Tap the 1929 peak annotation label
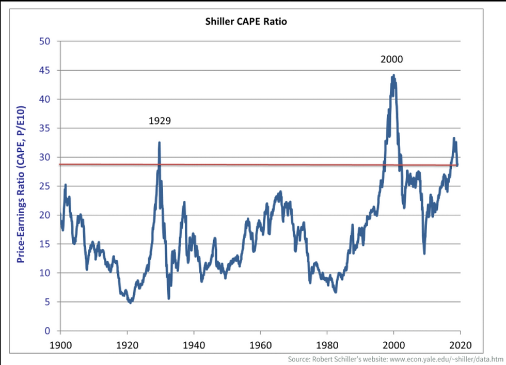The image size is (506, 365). tap(160, 121)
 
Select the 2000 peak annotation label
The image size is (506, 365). tap(391, 59)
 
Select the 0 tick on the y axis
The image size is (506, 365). tap(46, 331)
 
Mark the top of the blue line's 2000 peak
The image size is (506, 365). tap(393, 75)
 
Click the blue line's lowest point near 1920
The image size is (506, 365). tap(130, 303)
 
